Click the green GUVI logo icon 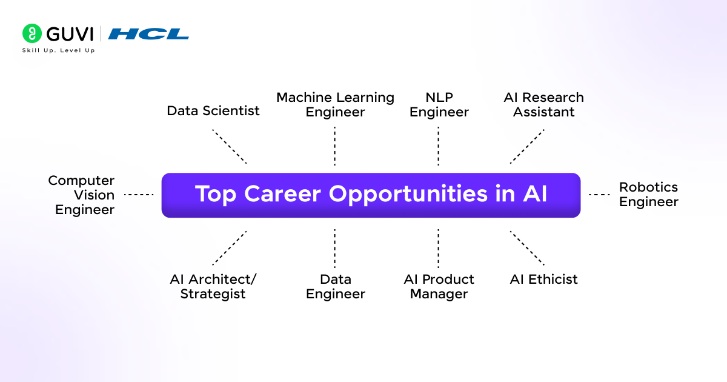click(x=32, y=33)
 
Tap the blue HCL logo click(x=148, y=34)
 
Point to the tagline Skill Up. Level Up click(x=58, y=50)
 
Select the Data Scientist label click(x=213, y=111)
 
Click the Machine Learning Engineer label click(x=335, y=105)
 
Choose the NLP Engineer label click(x=439, y=105)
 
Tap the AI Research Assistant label click(x=543, y=105)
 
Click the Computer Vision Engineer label click(x=82, y=195)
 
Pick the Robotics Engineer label click(x=648, y=195)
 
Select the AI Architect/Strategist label click(x=213, y=286)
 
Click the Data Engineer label click(x=335, y=286)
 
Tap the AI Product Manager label click(x=439, y=286)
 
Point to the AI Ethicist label click(x=543, y=280)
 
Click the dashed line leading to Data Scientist click(x=230, y=146)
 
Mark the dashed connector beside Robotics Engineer click(x=599, y=195)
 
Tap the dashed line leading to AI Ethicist click(x=527, y=248)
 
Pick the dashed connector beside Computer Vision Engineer click(x=139, y=195)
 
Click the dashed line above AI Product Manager click(x=438, y=248)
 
